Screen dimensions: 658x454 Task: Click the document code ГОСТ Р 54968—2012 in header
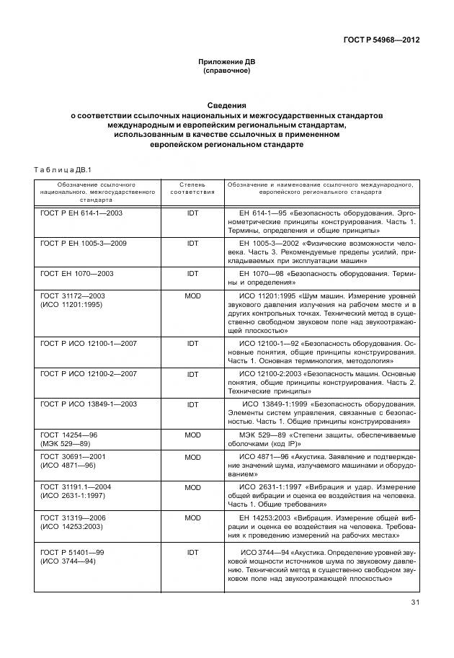tap(381, 40)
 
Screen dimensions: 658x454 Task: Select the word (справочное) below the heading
tap(226, 71)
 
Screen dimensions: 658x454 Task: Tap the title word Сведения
tap(226, 105)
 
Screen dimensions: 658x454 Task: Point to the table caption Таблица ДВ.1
tap(59, 169)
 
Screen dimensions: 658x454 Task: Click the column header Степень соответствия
tap(192, 189)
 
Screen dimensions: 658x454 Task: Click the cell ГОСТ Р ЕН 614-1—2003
tap(81, 213)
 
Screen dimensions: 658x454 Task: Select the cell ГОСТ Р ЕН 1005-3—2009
tap(84, 244)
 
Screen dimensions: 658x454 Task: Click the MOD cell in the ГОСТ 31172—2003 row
tap(192, 296)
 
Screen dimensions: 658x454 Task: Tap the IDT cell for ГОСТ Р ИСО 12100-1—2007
tap(192, 344)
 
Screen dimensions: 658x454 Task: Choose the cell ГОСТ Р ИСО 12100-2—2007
tap(89, 374)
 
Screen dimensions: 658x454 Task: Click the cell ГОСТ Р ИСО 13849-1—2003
tap(89, 404)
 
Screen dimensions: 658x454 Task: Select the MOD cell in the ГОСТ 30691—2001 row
tap(192, 457)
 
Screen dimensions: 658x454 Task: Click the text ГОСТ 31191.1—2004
tap(76, 487)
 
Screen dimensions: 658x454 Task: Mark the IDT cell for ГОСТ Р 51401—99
tap(192, 552)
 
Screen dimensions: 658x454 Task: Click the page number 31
tap(414, 603)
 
